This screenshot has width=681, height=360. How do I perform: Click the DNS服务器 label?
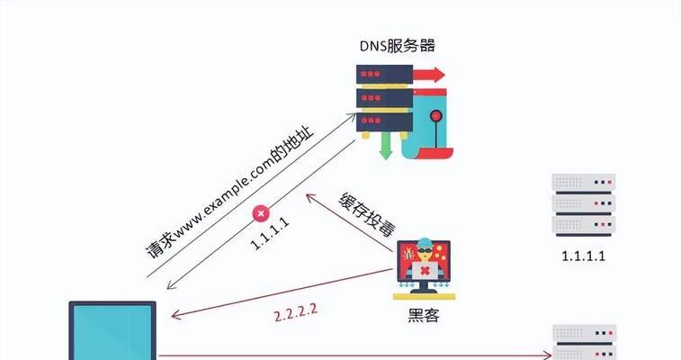(x=398, y=46)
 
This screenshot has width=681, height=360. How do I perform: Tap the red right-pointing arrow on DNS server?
(x=429, y=75)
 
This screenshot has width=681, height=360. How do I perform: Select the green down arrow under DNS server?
(x=385, y=146)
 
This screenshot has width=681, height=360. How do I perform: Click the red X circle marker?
(x=261, y=213)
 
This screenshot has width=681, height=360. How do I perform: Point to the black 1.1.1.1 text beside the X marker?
(x=270, y=233)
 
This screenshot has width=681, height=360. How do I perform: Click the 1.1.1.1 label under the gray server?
(x=583, y=256)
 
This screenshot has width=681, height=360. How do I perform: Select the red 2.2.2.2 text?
(x=296, y=312)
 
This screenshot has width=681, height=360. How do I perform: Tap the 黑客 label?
(x=424, y=315)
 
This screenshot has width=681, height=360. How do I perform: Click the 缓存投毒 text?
(x=367, y=214)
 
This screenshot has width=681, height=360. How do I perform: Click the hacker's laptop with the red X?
(x=425, y=271)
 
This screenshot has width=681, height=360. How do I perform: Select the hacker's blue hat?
(x=425, y=242)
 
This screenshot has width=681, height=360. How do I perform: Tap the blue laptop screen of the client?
(x=112, y=332)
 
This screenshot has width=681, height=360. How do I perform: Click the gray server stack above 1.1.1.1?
(x=583, y=205)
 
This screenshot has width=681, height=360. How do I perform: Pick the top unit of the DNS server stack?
(x=384, y=75)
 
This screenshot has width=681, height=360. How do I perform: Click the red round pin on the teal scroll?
(x=436, y=116)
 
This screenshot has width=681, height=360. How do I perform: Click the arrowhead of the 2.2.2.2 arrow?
(x=175, y=314)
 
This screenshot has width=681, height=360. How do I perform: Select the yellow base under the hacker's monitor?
(x=424, y=297)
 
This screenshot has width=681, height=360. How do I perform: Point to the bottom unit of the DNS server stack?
(x=384, y=122)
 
